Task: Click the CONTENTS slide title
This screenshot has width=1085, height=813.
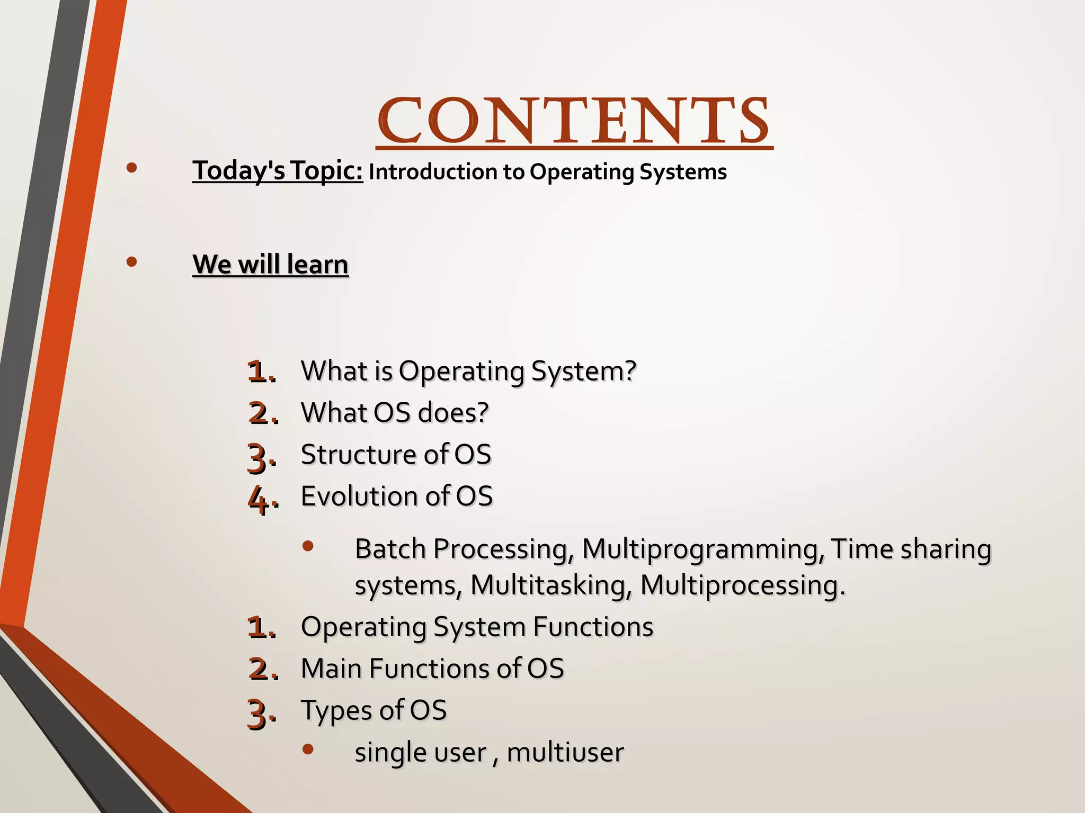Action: point(574,121)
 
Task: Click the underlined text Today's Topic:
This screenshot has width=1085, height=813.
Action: point(278,170)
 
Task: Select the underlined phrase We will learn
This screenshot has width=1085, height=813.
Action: point(270,264)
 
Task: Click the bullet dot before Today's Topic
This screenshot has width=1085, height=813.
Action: point(132,168)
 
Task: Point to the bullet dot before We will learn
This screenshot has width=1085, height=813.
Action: point(132,261)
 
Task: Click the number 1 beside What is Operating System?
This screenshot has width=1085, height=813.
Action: point(257,372)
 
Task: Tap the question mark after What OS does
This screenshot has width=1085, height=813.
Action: point(482,413)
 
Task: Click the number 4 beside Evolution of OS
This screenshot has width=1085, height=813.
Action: point(259,499)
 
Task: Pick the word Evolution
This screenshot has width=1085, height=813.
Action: point(359,496)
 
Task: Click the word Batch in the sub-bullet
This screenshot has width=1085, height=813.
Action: point(390,549)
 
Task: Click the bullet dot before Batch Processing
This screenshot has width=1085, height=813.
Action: point(308,546)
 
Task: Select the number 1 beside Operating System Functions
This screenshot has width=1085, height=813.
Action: point(257,628)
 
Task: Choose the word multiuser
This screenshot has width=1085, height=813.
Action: point(565,752)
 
